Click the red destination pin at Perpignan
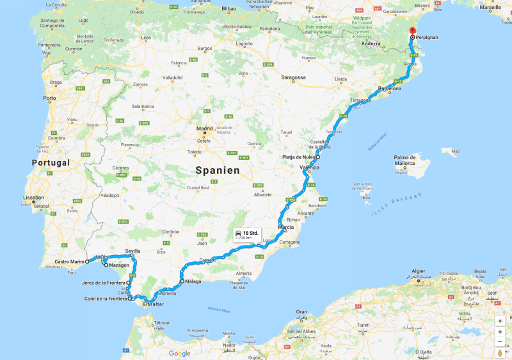click(x=412, y=32)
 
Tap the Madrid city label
click(x=204, y=129)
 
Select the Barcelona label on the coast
click(x=390, y=88)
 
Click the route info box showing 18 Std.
click(x=246, y=235)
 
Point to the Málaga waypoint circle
click(x=182, y=281)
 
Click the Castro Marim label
click(x=69, y=262)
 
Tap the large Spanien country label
click(x=218, y=171)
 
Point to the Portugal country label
click(x=51, y=163)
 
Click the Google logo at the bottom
click(x=179, y=354)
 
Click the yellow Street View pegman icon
click(x=499, y=352)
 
